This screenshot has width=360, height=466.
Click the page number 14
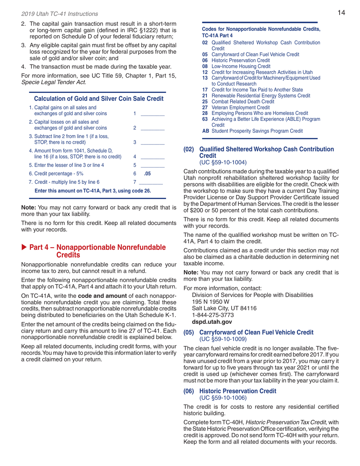(x=341, y=13)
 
